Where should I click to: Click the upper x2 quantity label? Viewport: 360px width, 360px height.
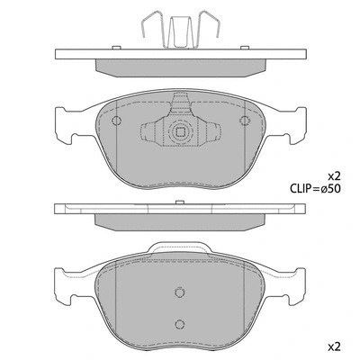click(x=333, y=175)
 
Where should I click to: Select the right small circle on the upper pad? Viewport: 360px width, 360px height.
click(x=241, y=122)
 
